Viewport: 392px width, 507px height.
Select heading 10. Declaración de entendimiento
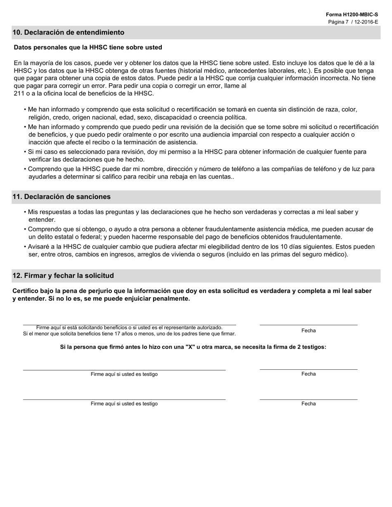point(68,33)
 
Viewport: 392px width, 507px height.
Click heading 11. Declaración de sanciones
point(61,197)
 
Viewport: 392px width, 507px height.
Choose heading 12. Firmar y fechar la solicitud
point(63,275)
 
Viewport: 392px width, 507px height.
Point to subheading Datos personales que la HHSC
point(88,47)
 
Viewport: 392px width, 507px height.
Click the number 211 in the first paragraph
point(19,94)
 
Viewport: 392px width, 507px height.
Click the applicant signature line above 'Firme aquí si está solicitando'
point(129,324)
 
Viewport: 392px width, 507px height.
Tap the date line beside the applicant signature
point(308,325)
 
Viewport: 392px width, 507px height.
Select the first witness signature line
point(124,370)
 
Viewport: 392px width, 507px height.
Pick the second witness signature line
point(124,399)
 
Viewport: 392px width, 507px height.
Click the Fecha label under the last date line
point(308,404)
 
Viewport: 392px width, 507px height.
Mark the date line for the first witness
point(308,369)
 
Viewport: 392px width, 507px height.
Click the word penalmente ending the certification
point(172,299)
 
